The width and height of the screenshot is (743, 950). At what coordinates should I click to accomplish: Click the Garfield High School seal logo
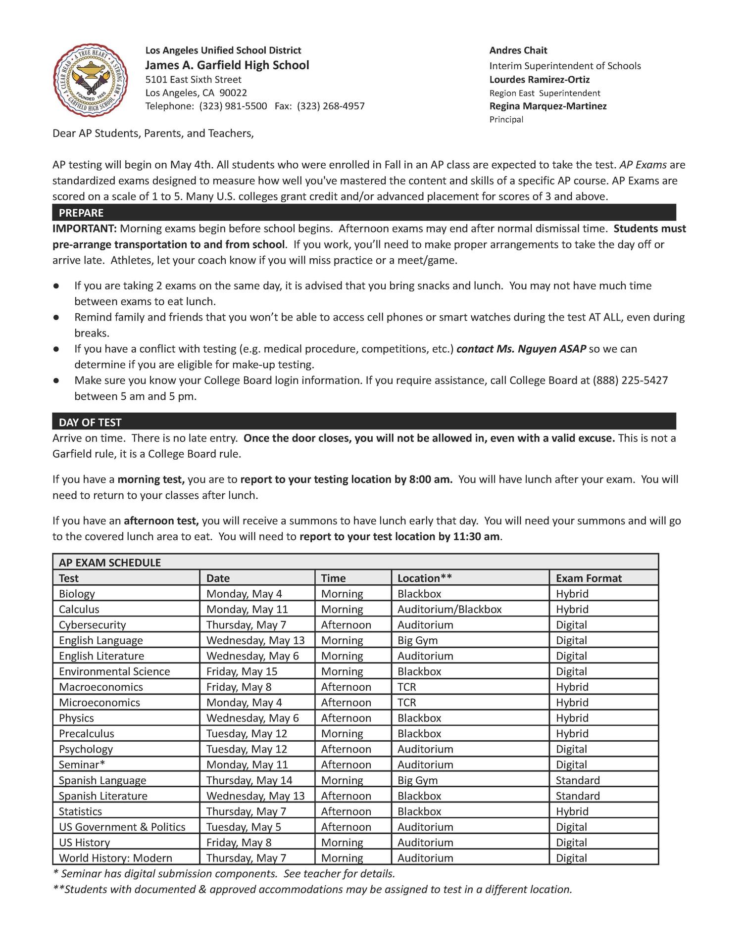(90, 80)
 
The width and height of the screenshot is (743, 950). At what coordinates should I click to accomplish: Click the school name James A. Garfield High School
(227, 65)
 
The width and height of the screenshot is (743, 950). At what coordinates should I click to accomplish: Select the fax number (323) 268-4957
(331, 106)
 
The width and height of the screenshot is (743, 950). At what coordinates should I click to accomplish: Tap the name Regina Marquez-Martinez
(547, 106)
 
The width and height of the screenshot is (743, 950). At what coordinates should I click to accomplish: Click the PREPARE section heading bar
(364, 213)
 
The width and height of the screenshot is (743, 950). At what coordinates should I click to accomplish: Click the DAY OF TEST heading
(90, 422)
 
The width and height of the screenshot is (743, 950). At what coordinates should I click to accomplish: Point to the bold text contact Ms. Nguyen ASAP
(521, 349)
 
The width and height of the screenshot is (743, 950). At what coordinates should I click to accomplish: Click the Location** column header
(424, 578)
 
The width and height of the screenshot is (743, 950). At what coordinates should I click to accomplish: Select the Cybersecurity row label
(92, 624)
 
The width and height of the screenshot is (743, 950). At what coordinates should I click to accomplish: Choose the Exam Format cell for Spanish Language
(577, 780)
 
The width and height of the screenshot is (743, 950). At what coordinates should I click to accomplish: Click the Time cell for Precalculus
(342, 733)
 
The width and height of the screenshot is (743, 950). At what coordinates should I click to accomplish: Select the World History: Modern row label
(115, 858)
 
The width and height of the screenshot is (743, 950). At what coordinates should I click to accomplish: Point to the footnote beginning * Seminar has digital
(223, 874)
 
